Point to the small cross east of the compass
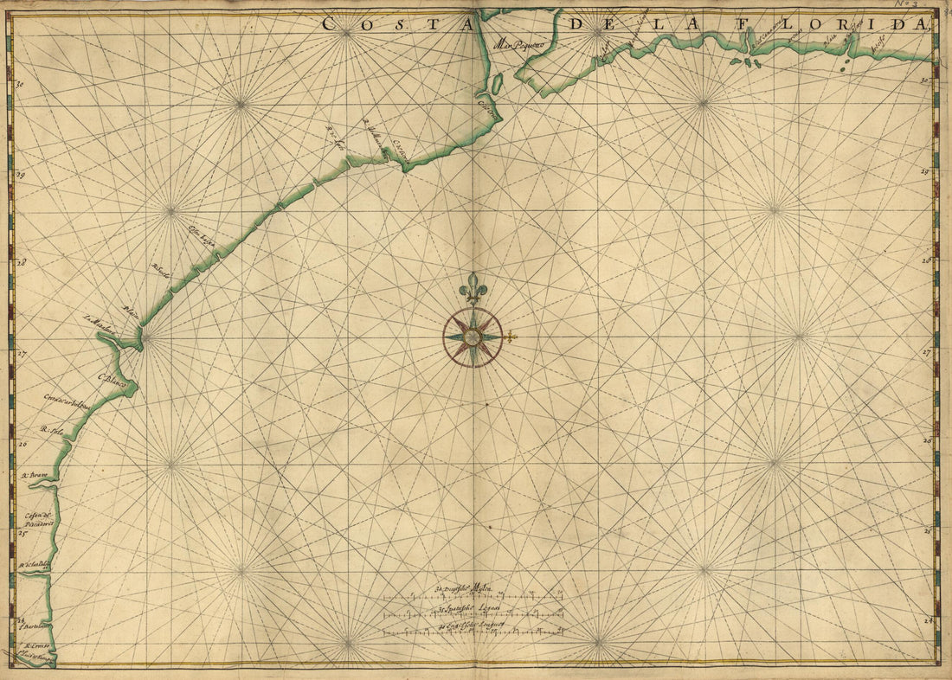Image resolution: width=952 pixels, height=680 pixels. tap(511, 337)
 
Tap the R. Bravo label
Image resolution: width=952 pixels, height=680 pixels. tap(34, 475)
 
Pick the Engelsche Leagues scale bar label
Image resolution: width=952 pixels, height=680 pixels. tap(473, 625)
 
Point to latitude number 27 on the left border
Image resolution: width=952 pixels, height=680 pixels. tap(22, 354)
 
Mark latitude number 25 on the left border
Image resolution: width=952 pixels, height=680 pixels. tap(22, 534)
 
